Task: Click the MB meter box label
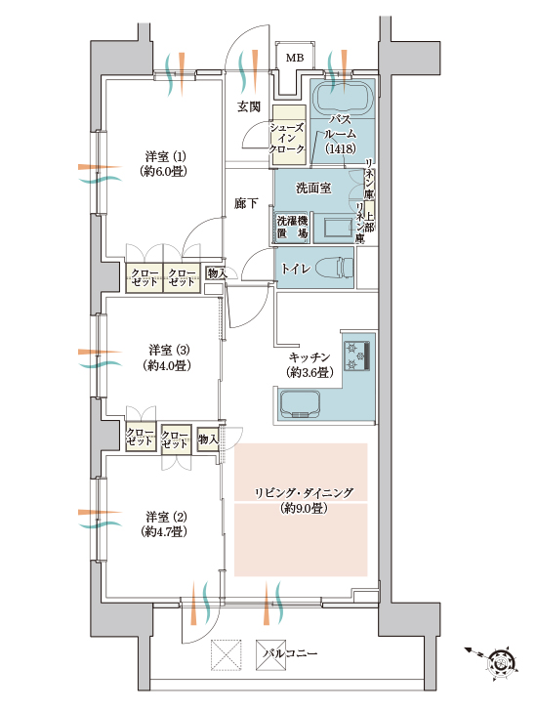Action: [x=295, y=58]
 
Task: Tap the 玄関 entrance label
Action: [x=249, y=106]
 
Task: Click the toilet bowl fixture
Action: [x=334, y=268]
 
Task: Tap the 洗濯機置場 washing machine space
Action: [x=293, y=227]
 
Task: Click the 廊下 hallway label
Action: [x=246, y=204]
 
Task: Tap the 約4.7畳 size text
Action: [x=164, y=531]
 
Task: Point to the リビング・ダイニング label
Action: [x=304, y=493]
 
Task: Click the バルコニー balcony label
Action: [x=290, y=653]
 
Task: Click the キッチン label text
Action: [x=310, y=357]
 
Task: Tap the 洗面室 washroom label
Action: [x=313, y=188]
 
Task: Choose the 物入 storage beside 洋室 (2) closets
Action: [x=208, y=439]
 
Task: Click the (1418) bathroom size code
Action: [x=340, y=148]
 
